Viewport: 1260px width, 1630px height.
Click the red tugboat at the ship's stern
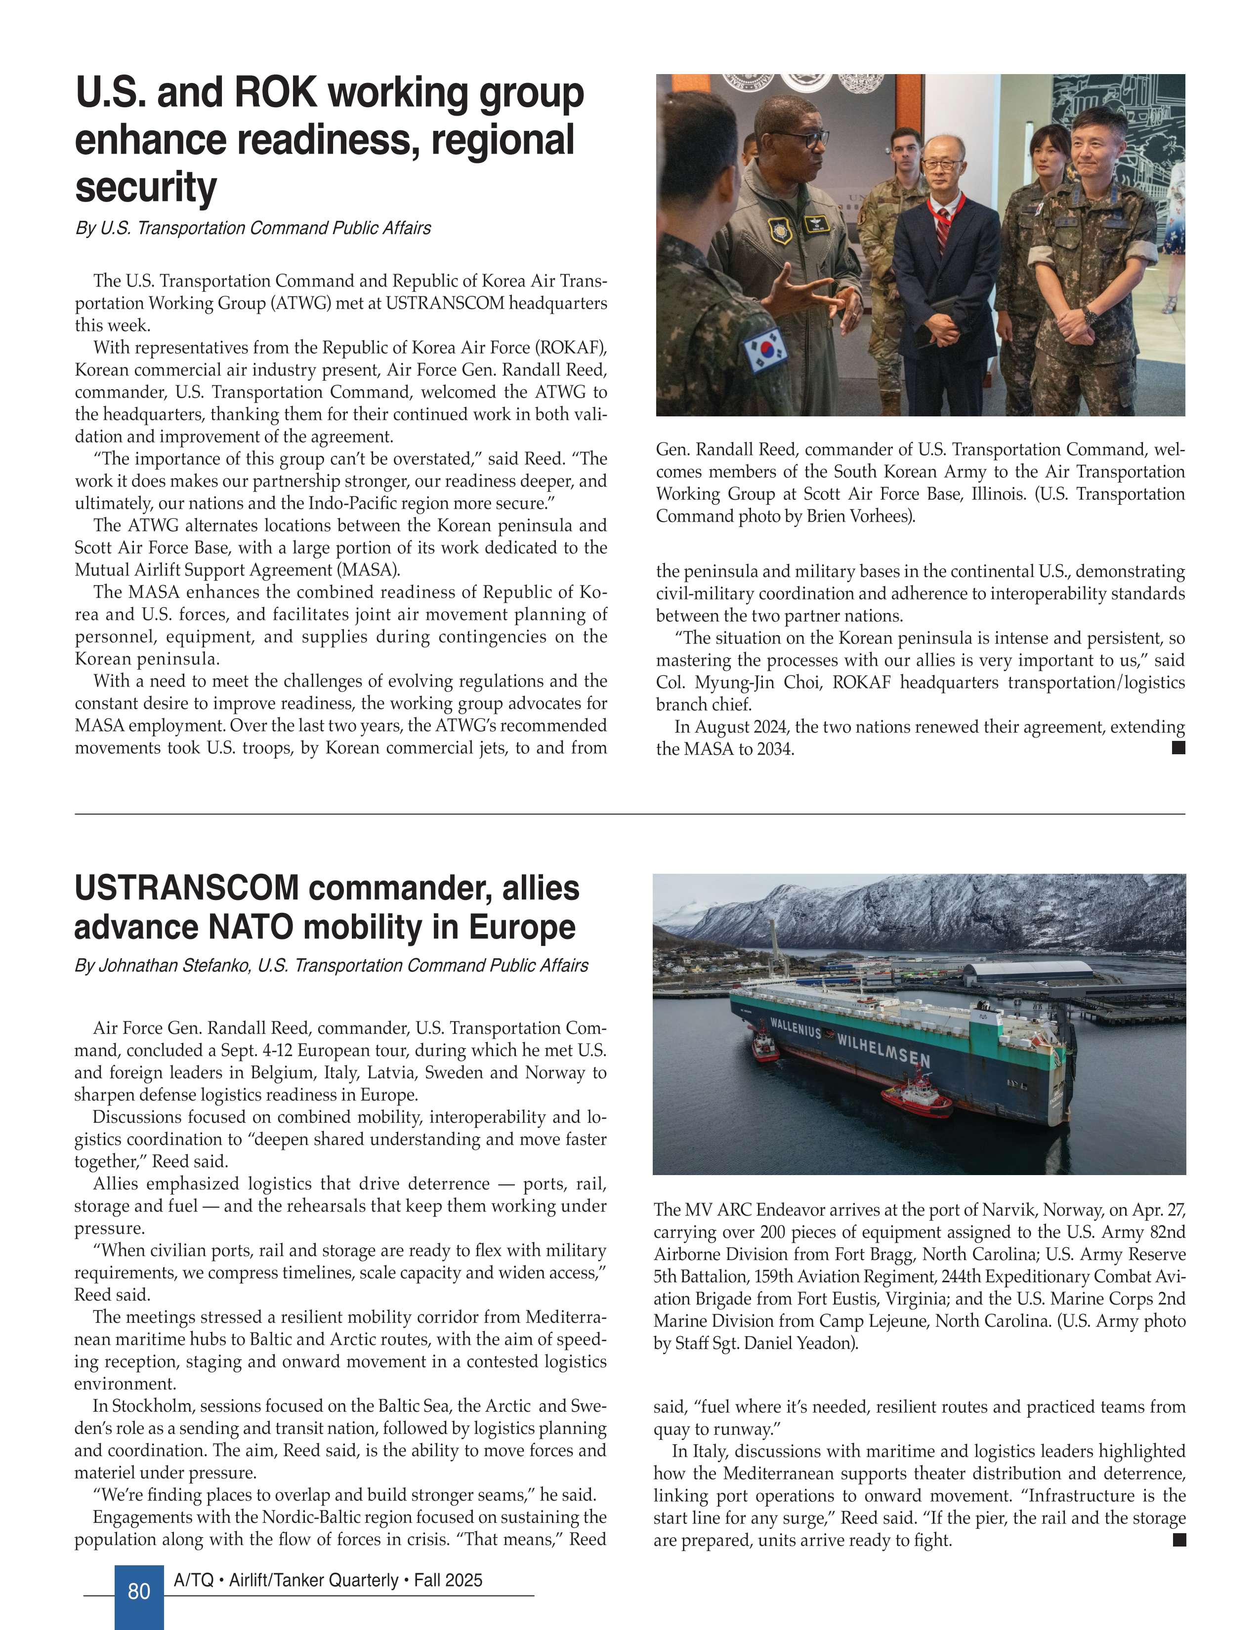(x=765, y=1042)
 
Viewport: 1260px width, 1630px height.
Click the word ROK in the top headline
(x=275, y=93)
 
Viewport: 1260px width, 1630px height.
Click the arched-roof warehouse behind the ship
(x=1026, y=972)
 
